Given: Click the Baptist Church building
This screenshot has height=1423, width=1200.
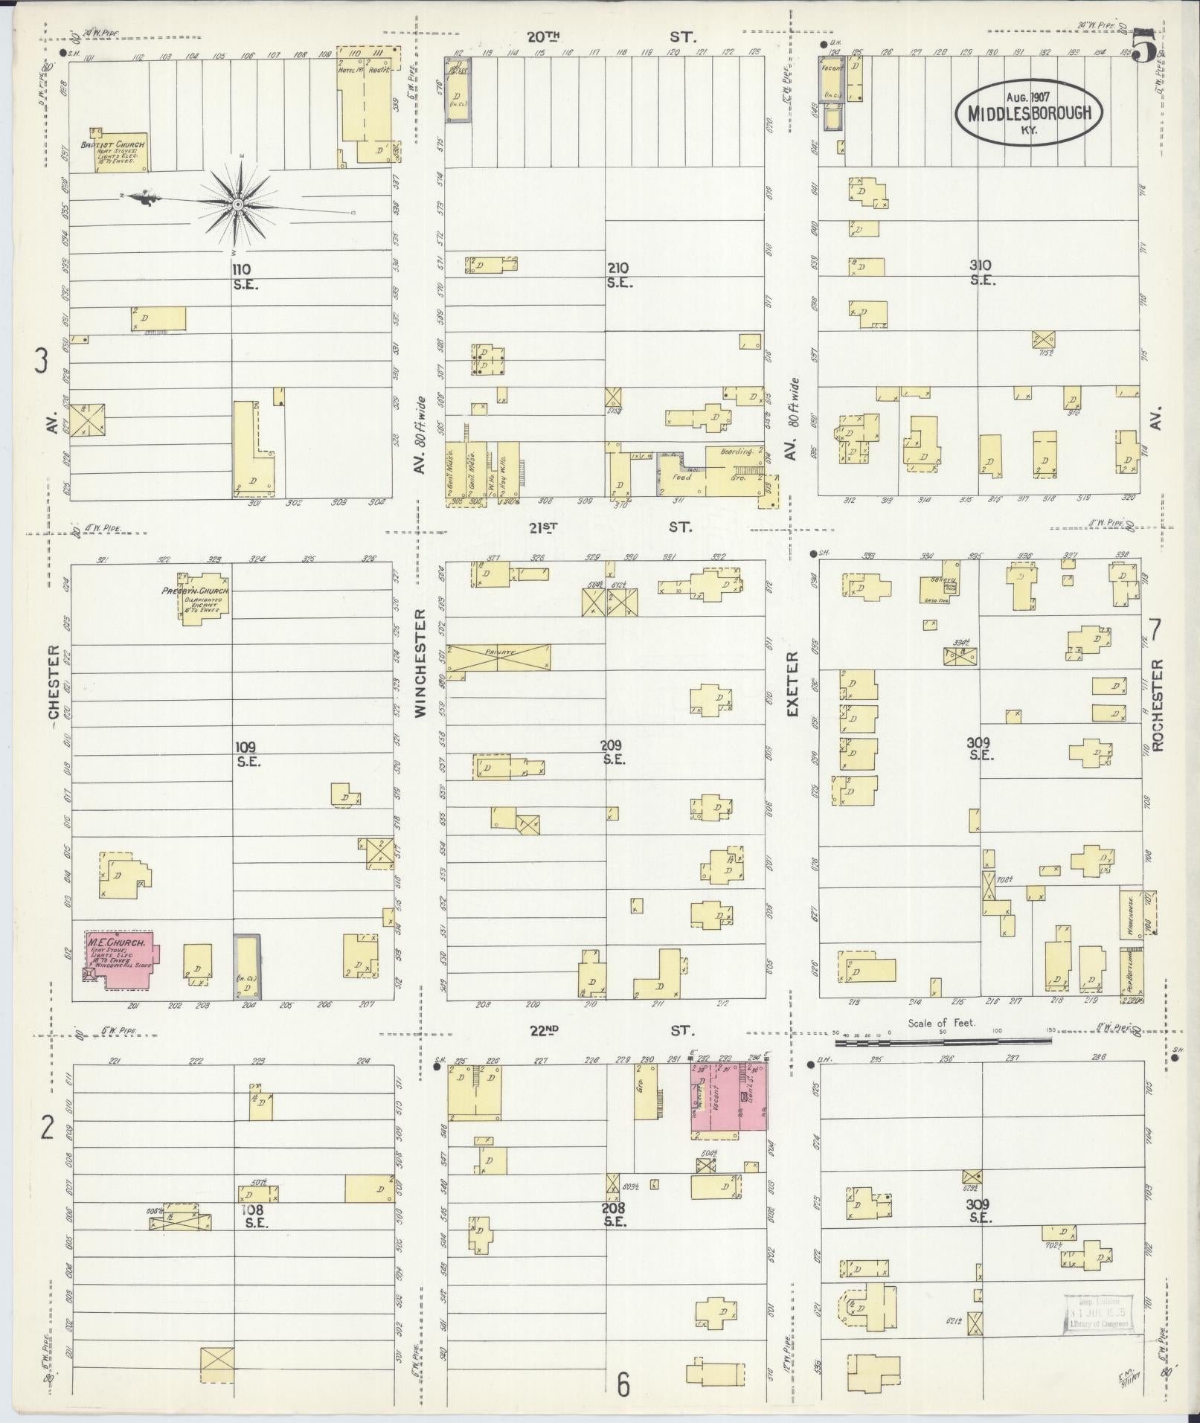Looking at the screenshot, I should tap(120, 152).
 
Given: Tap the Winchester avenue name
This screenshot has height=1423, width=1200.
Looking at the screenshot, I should tap(420, 663).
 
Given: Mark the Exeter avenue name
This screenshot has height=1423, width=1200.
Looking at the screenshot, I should tap(792, 684).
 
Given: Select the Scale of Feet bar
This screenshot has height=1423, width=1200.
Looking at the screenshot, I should tap(942, 1043).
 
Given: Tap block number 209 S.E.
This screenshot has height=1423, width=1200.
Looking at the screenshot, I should tap(613, 752).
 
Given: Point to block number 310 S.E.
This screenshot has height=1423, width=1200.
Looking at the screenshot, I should tap(982, 272).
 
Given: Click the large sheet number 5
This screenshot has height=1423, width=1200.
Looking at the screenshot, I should tap(1145, 46).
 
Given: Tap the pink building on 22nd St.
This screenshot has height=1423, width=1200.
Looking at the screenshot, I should tap(729, 1097).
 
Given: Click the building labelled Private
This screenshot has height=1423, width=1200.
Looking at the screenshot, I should tap(498, 658).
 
